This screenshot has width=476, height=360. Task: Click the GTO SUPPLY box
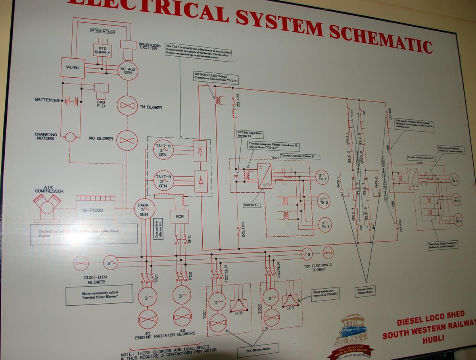coord(102,50)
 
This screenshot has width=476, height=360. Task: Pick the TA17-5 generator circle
coord(163,150)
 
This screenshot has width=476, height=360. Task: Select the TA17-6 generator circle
coord(163,180)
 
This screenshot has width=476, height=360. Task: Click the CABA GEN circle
coord(143,209)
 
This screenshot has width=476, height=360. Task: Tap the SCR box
coord(180,216)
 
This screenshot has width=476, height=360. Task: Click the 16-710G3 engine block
coord(95,208)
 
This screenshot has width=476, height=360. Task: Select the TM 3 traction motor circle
coord(326,224)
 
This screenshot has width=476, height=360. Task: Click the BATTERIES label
coord(47,100)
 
